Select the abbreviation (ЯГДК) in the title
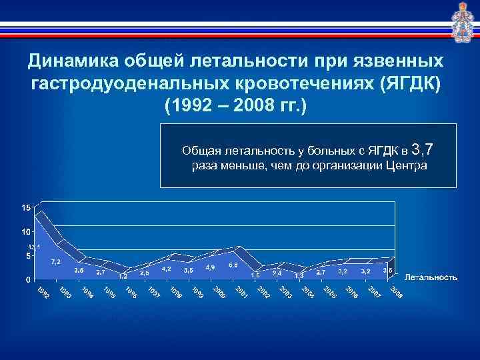tap(409, 84)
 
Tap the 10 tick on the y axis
tap(25, 232)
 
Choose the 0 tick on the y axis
tap(28, 279)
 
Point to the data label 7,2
tap(56, 261)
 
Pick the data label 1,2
tap(123, 275)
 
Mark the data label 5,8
tap(233, 265)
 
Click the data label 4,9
tap(210, 267)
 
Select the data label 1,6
tap(255, 274)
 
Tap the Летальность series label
tap(431, 277)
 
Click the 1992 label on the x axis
tap(43, 292)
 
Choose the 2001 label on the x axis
tap(242, 292)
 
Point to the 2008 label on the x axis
tap(396, 292)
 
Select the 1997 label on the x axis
tap(153, 292)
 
